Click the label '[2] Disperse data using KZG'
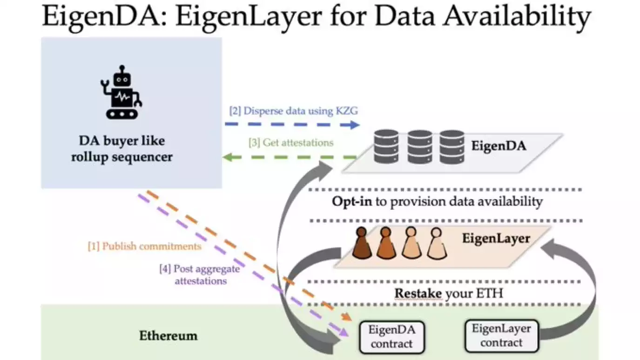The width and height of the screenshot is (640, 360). [x=293, y=111]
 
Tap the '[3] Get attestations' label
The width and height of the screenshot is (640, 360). [x=291, y=142]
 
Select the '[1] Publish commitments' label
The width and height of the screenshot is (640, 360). [x=145, y=246]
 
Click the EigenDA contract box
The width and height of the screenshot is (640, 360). [x=391, y=337]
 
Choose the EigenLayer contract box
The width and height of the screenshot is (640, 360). [x=501, y=335]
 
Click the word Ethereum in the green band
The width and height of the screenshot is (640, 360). [x=168, y=335]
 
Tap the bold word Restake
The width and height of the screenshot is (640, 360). [x=417, y=293]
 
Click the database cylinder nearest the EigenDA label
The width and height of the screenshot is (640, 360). [x=451, y=146]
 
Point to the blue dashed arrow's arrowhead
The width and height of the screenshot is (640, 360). [x=355, y=125]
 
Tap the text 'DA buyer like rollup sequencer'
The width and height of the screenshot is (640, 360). [x=121, y=149]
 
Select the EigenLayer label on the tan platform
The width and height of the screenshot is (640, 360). [x=496, y=239]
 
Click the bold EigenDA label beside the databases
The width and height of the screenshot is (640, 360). [x=499, y=146]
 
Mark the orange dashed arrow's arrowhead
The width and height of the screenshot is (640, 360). [x=347, y=318]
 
